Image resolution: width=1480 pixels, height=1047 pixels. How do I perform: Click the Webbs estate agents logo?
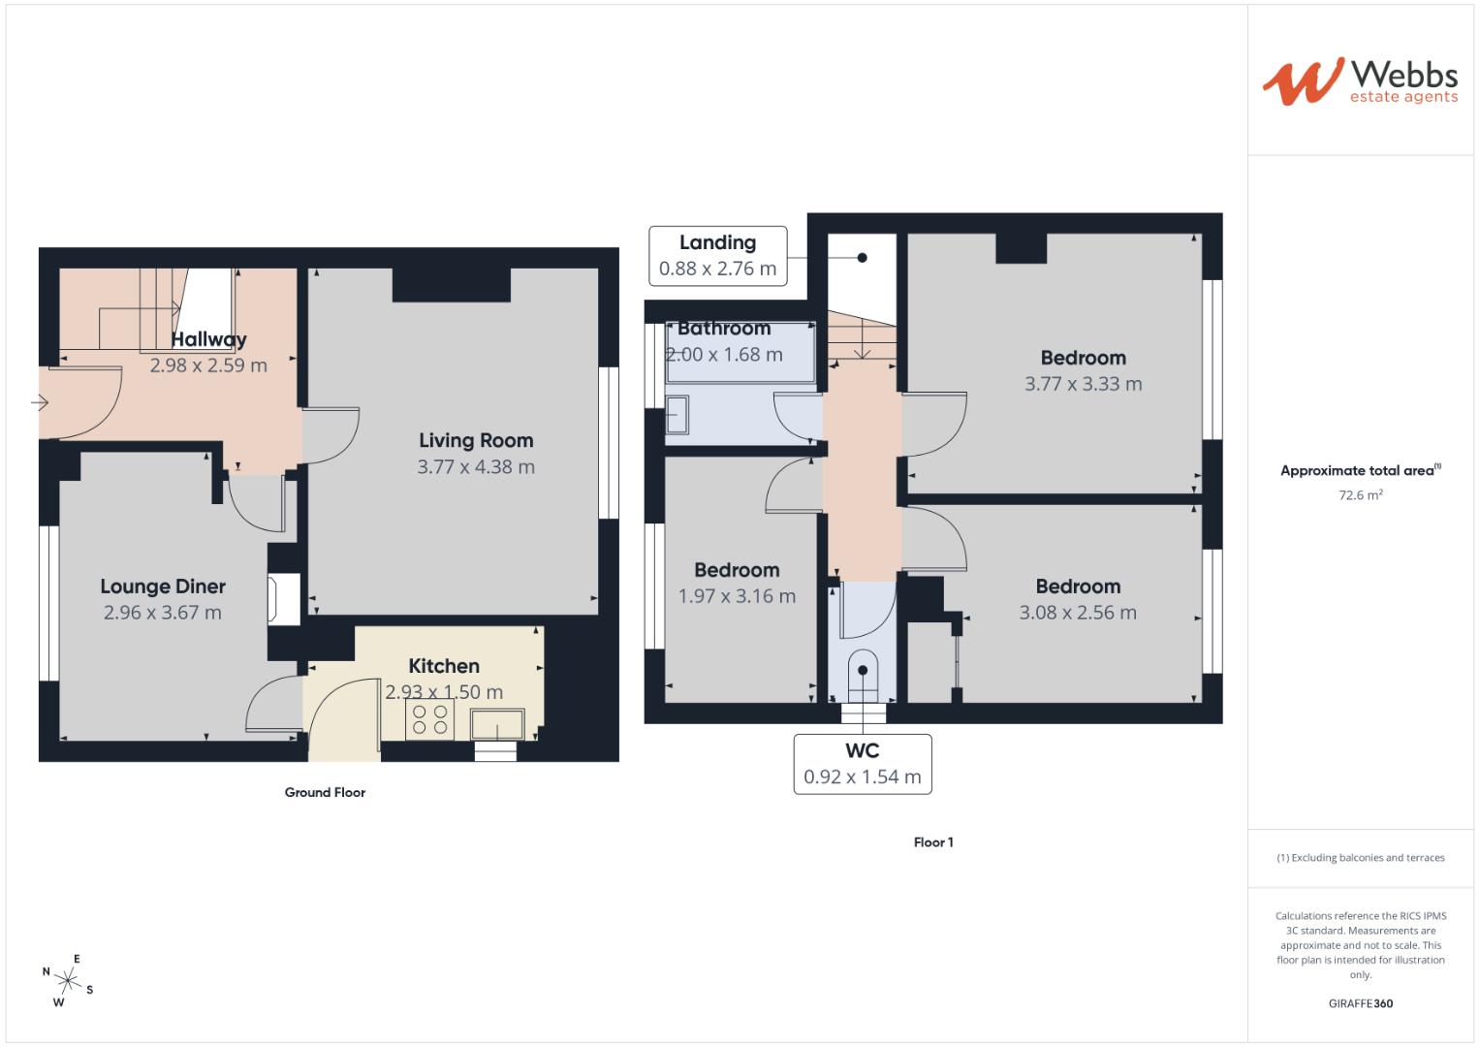click(x=1360, y=81)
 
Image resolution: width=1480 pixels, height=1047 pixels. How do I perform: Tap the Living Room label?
click(x=476, y=440)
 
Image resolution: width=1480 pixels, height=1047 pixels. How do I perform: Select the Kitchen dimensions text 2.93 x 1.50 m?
click(x=444, y=692)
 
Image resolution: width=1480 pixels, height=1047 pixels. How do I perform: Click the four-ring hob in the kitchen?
click(x=429, y=719)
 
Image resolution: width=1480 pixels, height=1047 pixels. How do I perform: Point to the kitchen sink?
click(x=497, y=724)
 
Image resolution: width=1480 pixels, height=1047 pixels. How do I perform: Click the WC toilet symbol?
click(x=863, y=677)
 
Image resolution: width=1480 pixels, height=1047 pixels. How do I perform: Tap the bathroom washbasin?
click(x=677, y=415)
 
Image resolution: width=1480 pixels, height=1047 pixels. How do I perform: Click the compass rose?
click(x=68, y=980)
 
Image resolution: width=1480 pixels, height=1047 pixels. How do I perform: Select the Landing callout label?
click(x=718, y=256)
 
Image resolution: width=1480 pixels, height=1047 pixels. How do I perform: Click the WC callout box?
click(x=863, y=764)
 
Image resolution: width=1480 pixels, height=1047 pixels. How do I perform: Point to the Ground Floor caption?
click(x=325, y=792)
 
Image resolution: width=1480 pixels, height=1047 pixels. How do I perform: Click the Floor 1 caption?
click(x=933, y=842)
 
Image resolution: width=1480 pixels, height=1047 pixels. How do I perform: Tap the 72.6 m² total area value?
click(x=1361, y=495)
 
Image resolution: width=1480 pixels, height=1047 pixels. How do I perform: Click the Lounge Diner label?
click(x=163, y=587)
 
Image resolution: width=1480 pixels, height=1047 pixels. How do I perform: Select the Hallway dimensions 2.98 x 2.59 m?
click(x=208, y=365)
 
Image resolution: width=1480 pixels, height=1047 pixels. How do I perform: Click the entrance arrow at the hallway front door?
click(x=40, y=402)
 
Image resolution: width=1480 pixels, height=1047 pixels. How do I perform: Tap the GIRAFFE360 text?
click(x=1361, y=1003)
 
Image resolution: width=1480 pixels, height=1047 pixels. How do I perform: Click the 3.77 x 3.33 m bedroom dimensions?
click(x=1084, y=383)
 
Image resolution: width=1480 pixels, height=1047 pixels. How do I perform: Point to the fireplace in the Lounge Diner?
click(x=283, y=599)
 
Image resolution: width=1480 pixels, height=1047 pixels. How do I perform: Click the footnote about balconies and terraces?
click(x=1361, y=857)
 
